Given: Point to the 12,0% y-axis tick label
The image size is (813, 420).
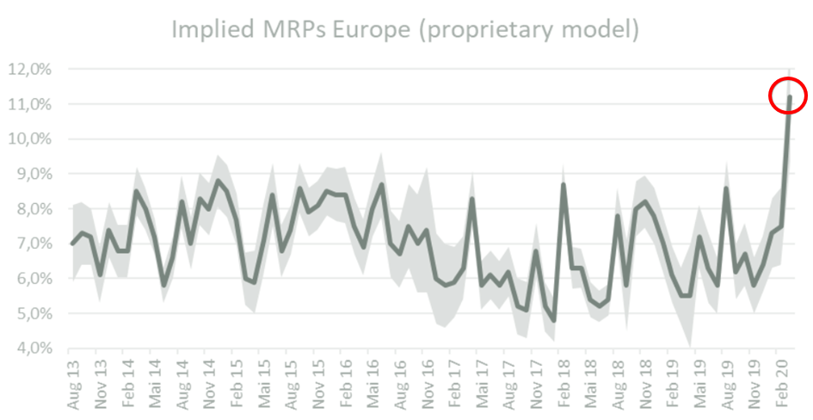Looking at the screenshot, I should click(x=29, y=70).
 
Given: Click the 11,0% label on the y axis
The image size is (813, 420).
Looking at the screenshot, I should click(x=29, y=104).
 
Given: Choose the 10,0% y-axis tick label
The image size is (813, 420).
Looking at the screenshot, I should click(x=29, y=139).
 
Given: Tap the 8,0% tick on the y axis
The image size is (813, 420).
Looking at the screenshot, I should click(x=32, y=209).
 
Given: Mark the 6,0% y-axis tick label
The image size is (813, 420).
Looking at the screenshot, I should click(x=32, y=279).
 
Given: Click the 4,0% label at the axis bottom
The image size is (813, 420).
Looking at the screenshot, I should click(x=32, y=349).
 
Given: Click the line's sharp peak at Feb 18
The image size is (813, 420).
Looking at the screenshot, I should click(x=564, y=184).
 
